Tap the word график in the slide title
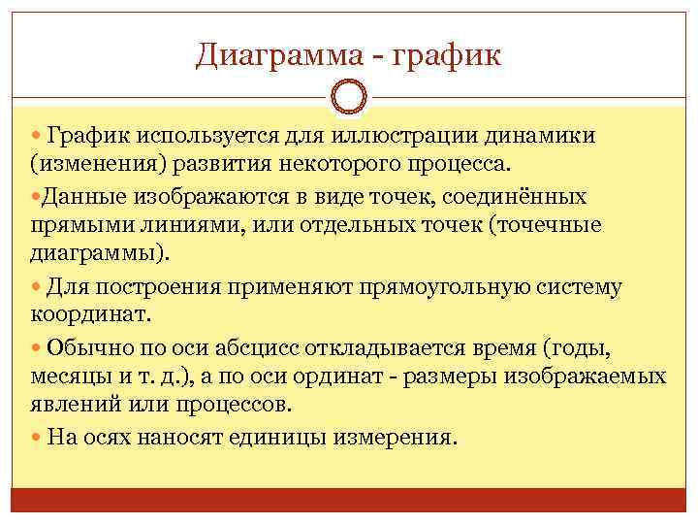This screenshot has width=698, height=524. click(450, 54)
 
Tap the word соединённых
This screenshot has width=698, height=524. click(512, 197)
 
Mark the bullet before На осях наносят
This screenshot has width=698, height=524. click(36, 437)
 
